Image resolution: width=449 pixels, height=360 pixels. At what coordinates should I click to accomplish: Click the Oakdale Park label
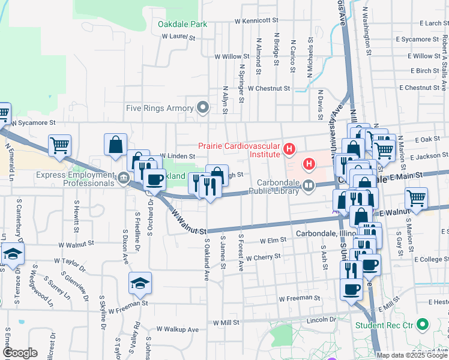pos(182,25)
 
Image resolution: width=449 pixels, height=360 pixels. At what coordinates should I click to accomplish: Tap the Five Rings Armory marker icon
pos(203,109)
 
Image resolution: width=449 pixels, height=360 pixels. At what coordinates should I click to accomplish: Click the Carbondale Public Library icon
pos(309,185)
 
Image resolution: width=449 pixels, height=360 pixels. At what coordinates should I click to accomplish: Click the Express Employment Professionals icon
pos(124,177)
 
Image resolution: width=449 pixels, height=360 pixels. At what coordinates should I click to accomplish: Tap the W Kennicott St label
pos(258,21)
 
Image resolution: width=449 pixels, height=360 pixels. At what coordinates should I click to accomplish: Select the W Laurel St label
pos(179,37)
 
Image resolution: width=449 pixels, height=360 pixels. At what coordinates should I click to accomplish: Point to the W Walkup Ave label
pos(177,329)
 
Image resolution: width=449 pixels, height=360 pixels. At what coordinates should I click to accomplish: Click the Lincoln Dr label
pos(321,320)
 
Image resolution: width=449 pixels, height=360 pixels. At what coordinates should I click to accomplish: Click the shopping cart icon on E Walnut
pos(415,197)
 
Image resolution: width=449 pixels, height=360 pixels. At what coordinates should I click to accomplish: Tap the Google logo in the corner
pos(19,353)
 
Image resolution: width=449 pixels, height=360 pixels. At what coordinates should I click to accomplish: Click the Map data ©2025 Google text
pos(411,355)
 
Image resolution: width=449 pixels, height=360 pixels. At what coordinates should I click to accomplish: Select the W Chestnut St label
pos(268,88)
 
